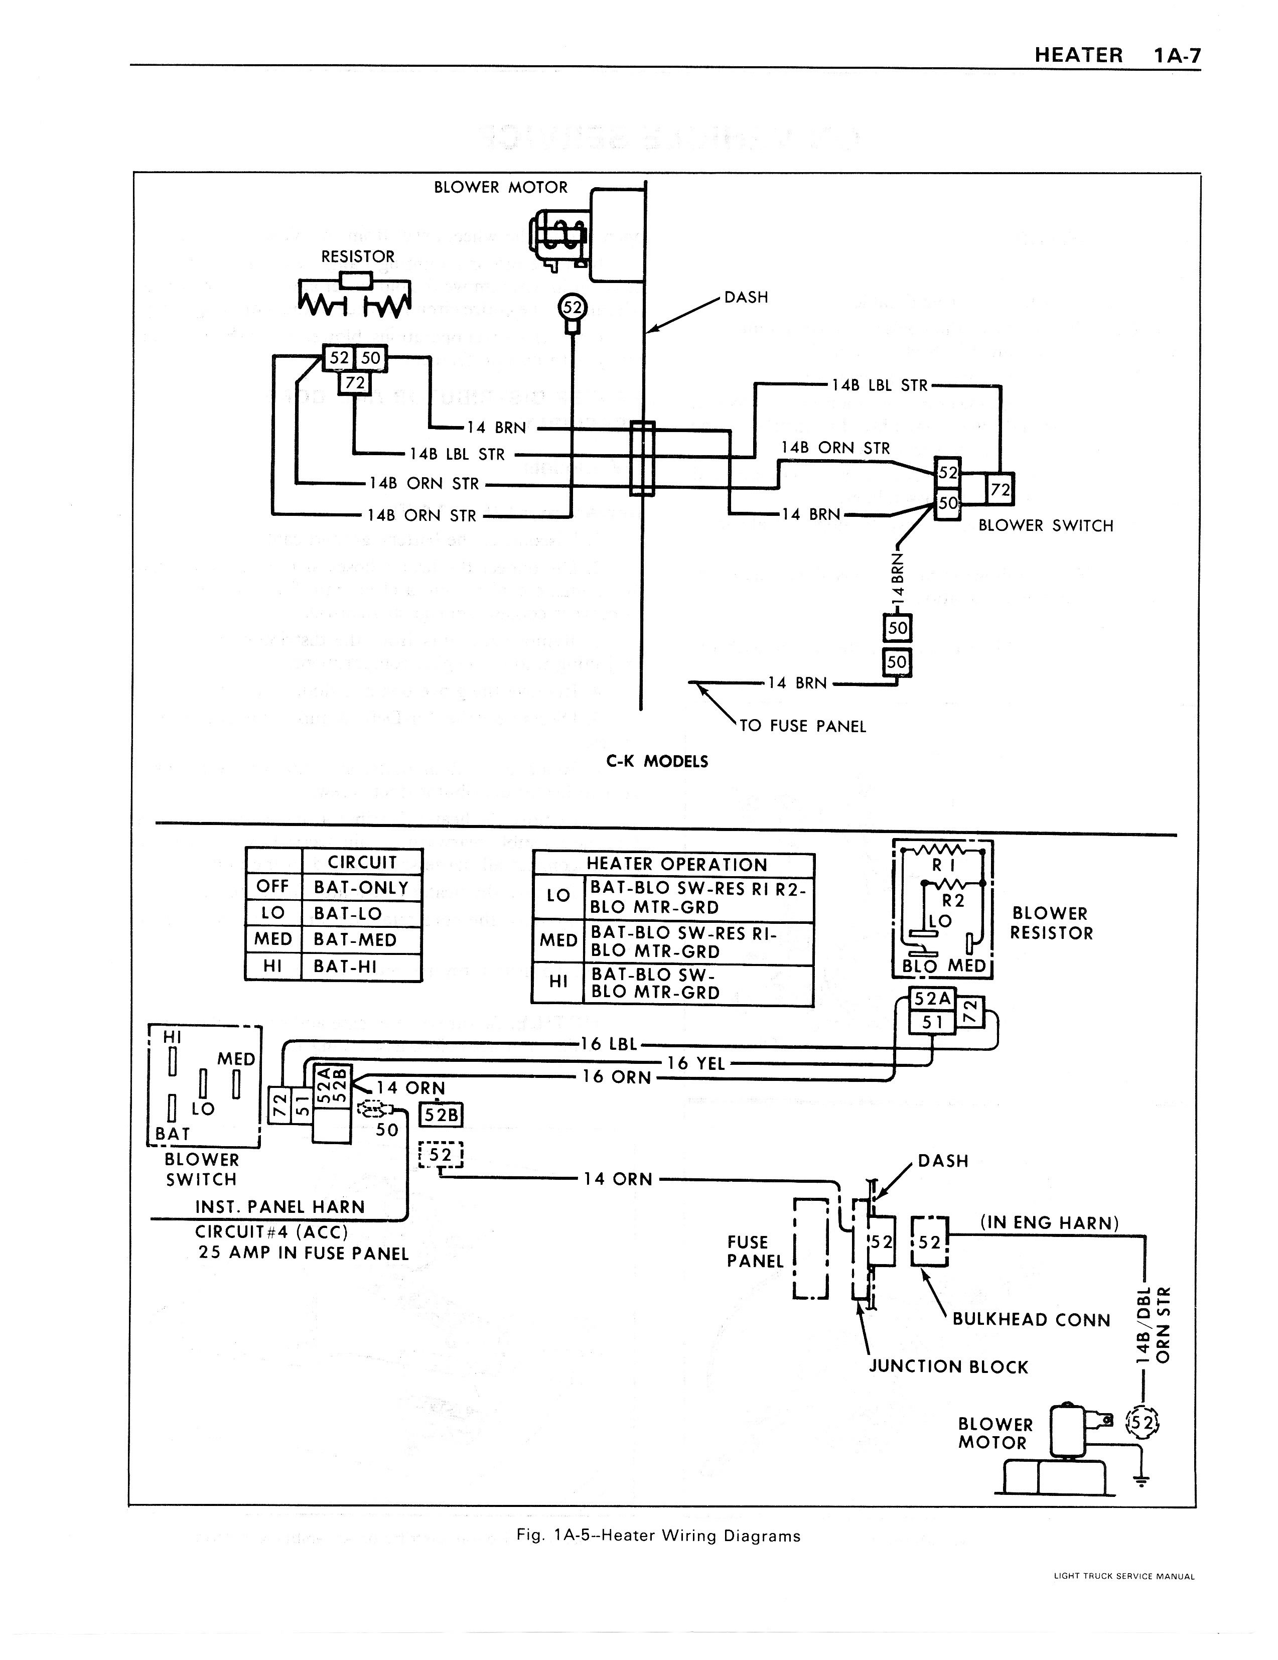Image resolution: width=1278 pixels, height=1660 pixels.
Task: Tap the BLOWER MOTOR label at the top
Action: [500, 188]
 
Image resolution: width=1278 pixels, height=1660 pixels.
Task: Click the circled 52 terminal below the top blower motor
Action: [572, 308]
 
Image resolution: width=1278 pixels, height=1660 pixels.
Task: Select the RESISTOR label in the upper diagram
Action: [358, 257]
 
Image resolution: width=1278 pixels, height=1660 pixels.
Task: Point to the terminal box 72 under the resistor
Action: [354, 382]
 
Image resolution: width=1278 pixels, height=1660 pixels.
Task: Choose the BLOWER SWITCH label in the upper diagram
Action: [1045, 525]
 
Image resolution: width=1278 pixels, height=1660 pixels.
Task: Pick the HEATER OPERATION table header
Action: [676, 864]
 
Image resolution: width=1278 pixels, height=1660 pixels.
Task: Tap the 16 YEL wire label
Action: [695, 1063]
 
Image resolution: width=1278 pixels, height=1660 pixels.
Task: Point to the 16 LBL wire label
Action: [609, 1044]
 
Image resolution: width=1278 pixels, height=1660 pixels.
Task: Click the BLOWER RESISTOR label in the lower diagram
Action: [1050, 923]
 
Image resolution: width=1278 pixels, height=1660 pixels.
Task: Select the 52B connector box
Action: [442, 1114]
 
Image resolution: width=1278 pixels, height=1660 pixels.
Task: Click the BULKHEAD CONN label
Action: [1031, 1319]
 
